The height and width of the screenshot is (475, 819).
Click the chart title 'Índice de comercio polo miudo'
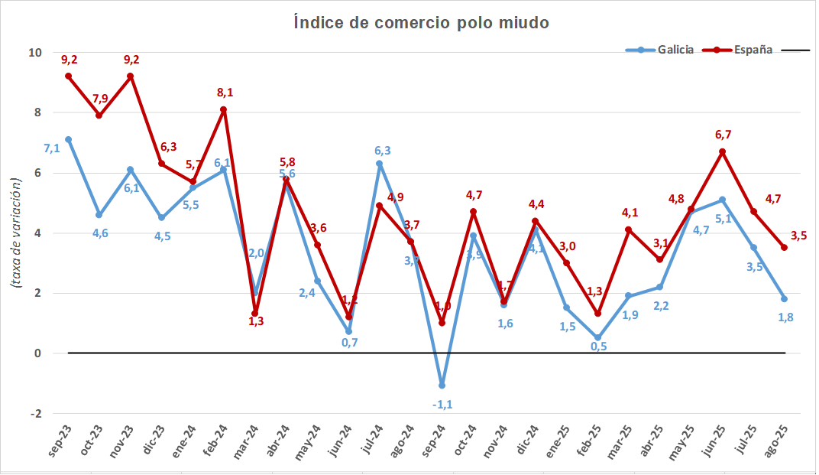[x=422, y=23]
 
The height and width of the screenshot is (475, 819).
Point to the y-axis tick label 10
[x=35, y=53]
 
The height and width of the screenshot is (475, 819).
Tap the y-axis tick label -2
[x=35, y=414]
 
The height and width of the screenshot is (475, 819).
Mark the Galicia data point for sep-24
[x=442, y=386]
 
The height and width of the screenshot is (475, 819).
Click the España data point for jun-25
[x=723, y=151]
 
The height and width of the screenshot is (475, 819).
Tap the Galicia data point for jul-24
[x=380, y=164]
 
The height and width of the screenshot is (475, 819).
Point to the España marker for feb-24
[x=224, y=109]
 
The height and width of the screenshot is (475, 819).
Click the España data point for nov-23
[x=131, y=76]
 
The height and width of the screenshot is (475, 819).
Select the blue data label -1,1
[x=443, y=404]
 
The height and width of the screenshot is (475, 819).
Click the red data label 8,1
[x=225, y=93]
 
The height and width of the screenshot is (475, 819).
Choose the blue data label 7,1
[x=52, y=148]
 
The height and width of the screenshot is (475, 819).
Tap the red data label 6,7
[x=723, y=135]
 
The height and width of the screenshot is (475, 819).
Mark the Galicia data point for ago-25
[x=785, y=299]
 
